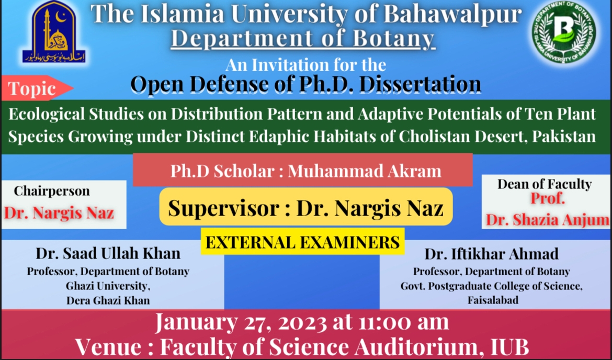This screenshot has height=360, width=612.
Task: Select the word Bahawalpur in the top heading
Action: [x=452, y=15]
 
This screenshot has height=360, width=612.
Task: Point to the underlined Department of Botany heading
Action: [x=302, y=39]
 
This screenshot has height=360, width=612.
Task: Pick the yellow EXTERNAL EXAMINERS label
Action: [x=302, y=243]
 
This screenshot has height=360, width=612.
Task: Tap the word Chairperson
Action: [x=52, y=191]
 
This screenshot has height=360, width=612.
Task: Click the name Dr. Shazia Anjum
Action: [x=547, y=220]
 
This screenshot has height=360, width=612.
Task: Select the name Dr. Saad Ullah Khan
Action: [x=108, y=254]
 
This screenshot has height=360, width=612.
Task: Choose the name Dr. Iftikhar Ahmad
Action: [x=491, y=254]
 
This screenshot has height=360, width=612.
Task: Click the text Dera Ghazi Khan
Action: [x=108, y=300]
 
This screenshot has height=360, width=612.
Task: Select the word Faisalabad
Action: [x=493, y=301]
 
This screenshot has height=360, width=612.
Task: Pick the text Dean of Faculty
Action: [x=544, y=184]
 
